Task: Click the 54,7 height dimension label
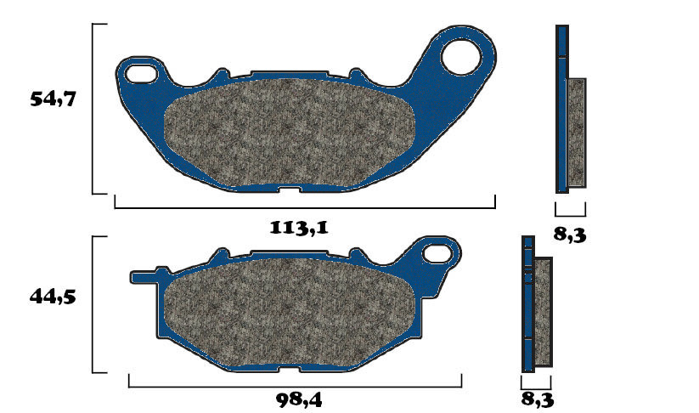pyautogui.click(x=54, y=100)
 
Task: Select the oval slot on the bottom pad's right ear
pyautogui.click(x=438, y=252)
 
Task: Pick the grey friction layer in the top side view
pyautogui.click(x=576, y=132)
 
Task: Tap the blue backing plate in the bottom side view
pyautogui.click(x=527, y=306)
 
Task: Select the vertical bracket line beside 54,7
pyautogui.click(x=93, y=109)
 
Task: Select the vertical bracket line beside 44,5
pyautogui.click(x=93, y=304)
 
